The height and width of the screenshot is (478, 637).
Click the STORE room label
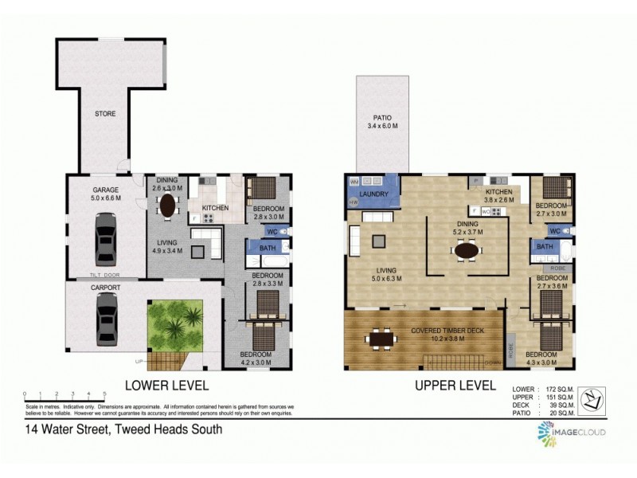pos(105,114)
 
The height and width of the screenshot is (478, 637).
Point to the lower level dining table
pos(168,206)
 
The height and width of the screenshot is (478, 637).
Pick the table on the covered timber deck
pos(383,339)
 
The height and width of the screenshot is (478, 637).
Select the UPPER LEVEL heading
pos(451,386)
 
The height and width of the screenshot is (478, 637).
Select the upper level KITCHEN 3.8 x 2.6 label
pos(499,195)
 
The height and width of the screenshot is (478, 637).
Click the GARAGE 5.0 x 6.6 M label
pos(105,194)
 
